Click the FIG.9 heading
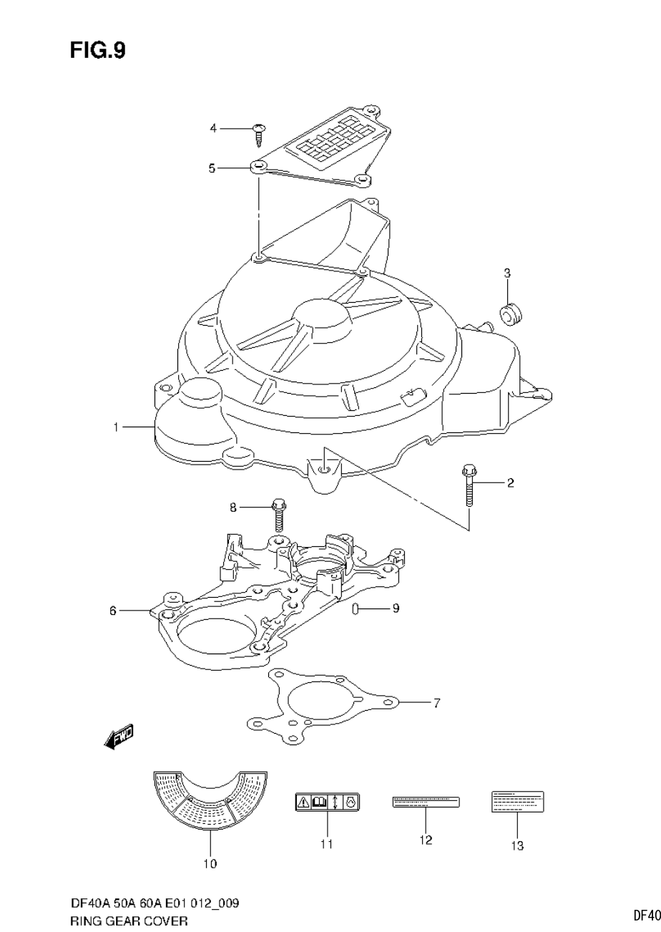98,51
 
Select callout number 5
212,168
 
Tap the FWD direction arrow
119,737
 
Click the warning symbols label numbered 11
327,802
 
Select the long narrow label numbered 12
426,802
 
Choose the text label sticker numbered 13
517,802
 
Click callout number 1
115,427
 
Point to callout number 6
113,611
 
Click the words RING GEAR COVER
129,921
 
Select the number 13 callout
517,846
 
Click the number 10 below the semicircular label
210,864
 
